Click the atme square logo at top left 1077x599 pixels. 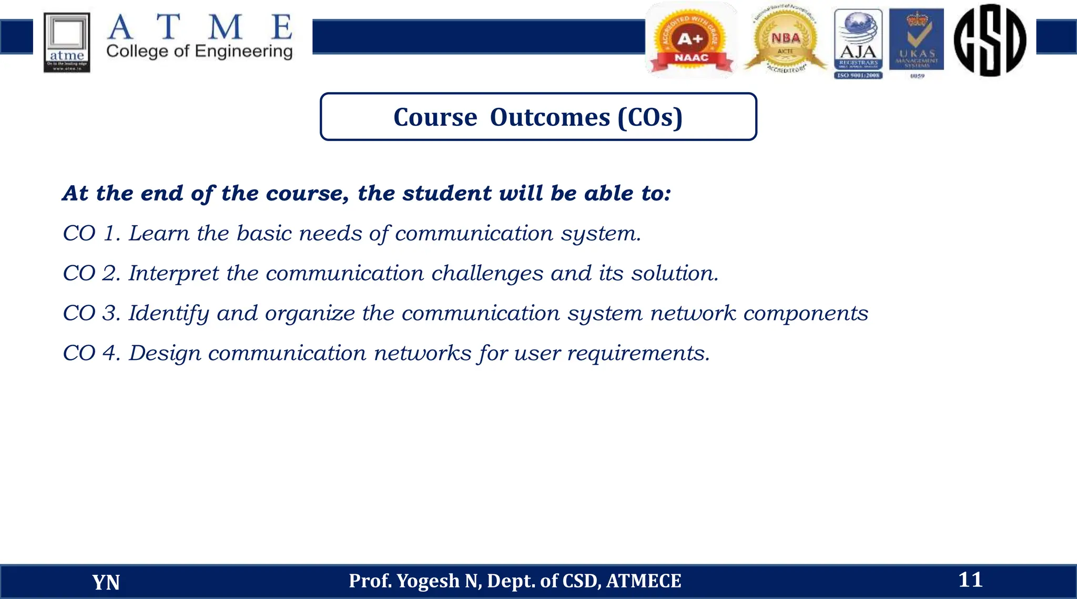[x=67, y=43]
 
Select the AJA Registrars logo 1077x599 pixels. [x=858, y=44]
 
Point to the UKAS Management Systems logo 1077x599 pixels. [x=916, y=42]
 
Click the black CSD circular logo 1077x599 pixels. [x=990, y=40]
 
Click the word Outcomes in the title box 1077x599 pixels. [x=550, y=117]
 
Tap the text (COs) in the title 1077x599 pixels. [x=650, y=117]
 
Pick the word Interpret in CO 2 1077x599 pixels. [x=174, y=273]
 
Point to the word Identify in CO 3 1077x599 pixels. [x=168, y=313]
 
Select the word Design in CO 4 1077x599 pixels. [x=165, y=353]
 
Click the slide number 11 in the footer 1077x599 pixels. [x=970, y=580]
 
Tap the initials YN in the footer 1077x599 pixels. [x=106, y=582]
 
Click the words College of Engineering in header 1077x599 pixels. [x=199, y=51]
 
